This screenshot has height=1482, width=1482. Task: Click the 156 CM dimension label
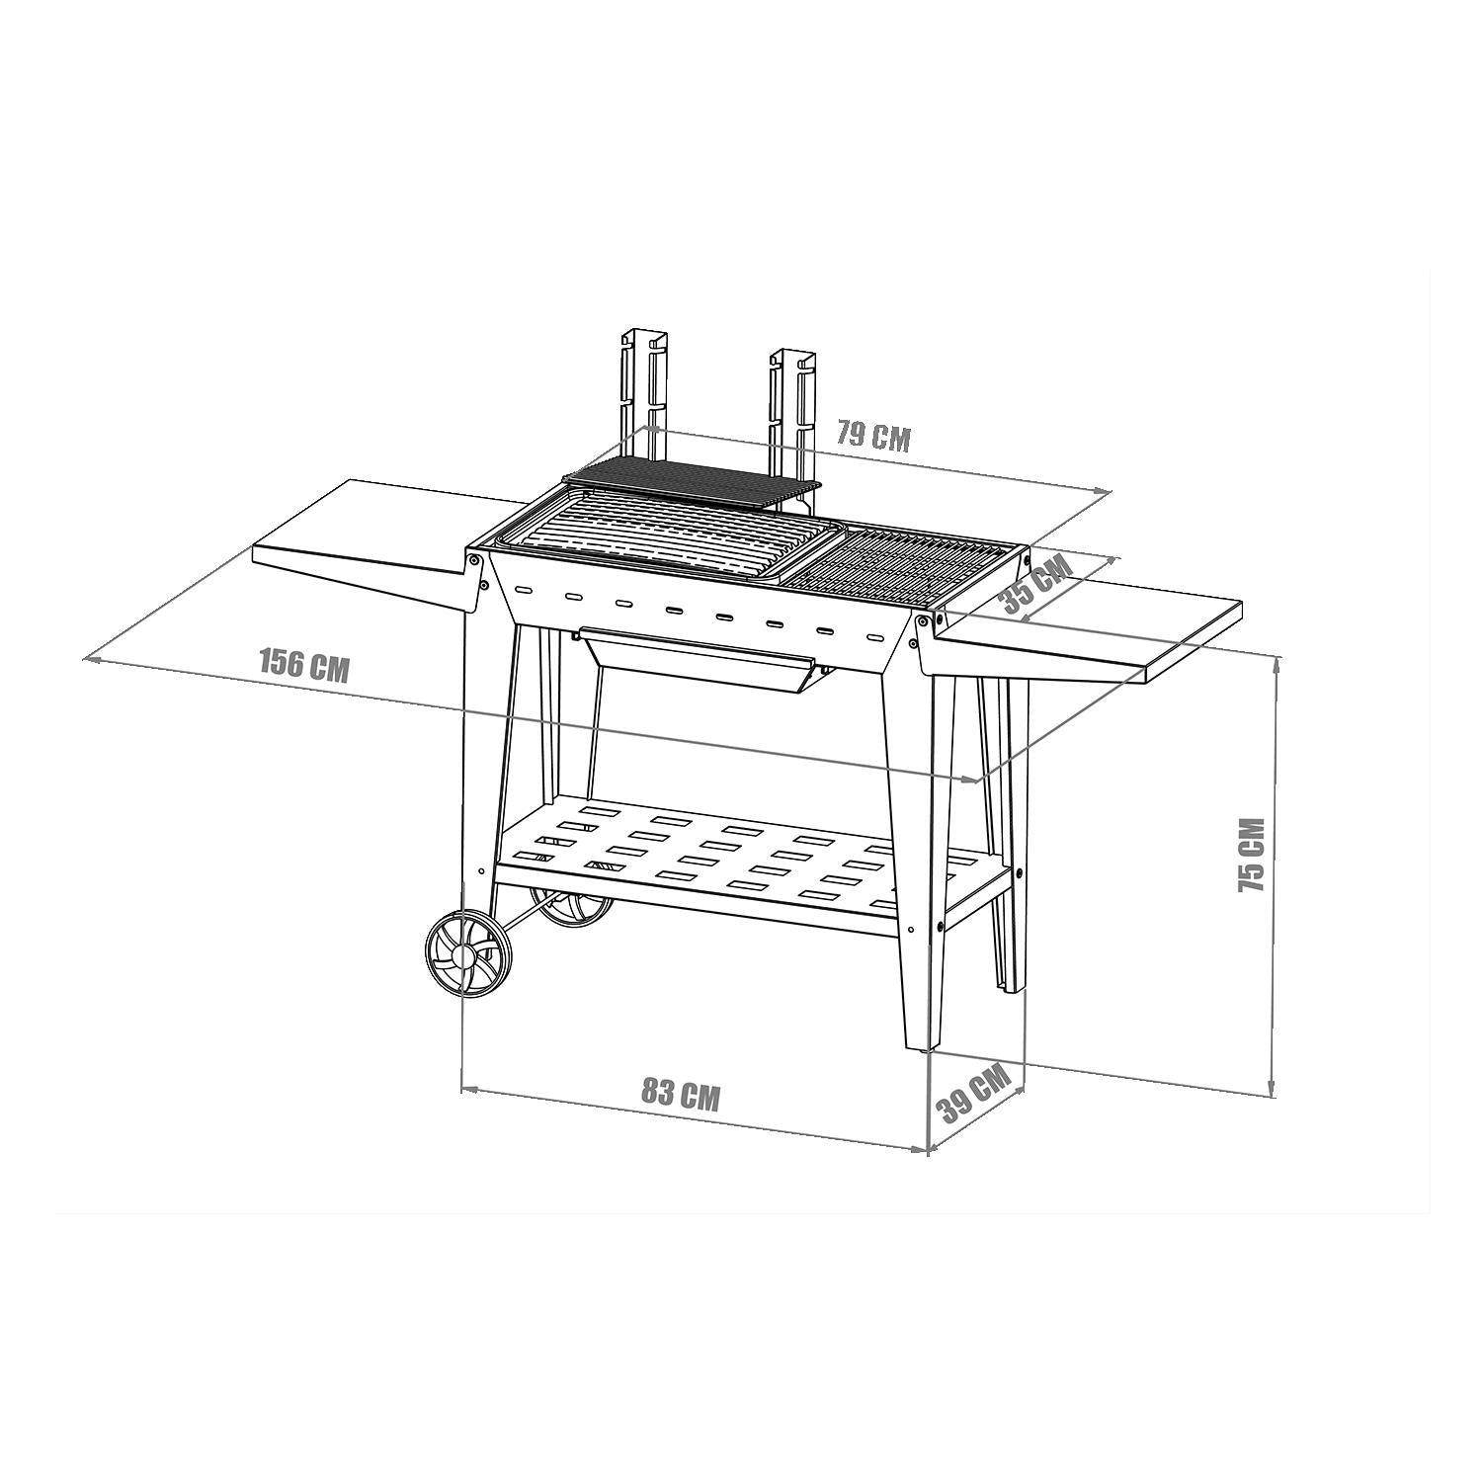tap(304, 664)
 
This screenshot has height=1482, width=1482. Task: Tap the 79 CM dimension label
tap(872, 435)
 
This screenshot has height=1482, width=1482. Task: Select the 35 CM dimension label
tap(1035, 586)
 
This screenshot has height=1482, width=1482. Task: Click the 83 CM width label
tap(680, 1094)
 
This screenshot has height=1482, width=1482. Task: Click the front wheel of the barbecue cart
tap(468, 955)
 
